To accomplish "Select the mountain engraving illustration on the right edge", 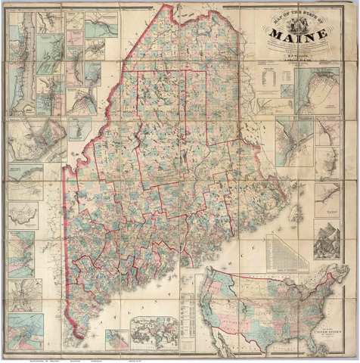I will pos(327,240).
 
